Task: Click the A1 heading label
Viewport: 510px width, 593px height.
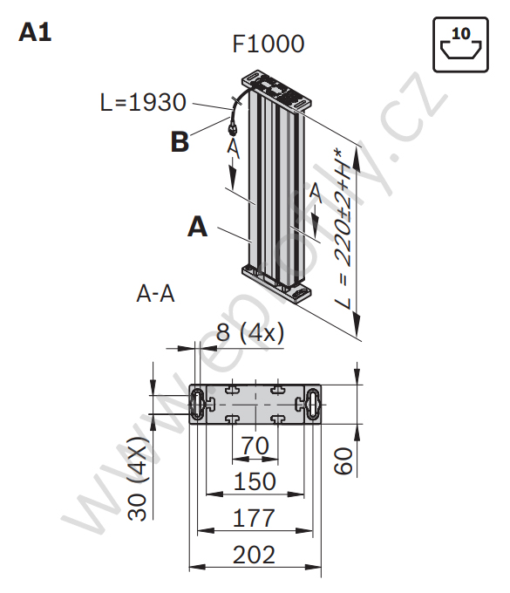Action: coord(35,32)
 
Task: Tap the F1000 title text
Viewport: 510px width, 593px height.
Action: coord(268,44)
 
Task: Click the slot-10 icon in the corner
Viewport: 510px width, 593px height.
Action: coord(460,44)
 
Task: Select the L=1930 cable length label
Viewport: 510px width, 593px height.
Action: coord(143,102)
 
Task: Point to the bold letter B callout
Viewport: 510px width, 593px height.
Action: coord(180,142)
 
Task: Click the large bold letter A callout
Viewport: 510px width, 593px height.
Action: coord(197,227)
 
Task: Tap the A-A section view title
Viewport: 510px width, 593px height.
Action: coord(155,294)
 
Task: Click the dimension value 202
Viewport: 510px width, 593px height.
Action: coord(254,555)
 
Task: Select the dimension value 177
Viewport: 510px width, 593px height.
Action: coord(254,518)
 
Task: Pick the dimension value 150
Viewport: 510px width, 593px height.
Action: coord(255,481)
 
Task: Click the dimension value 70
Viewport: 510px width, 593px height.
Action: coord(255,446)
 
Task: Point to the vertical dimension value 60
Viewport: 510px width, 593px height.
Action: coord(343,460)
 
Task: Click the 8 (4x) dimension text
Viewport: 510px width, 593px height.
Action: coord(250,333)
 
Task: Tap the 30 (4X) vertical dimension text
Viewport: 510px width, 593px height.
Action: coord(137,479)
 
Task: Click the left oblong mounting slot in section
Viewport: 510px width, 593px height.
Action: coord(197,404)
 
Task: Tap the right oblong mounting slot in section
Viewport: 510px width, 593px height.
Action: coord(313,404)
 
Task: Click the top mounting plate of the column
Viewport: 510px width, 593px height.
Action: coord(276,90)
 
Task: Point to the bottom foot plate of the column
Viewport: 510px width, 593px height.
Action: coord(276,283)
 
